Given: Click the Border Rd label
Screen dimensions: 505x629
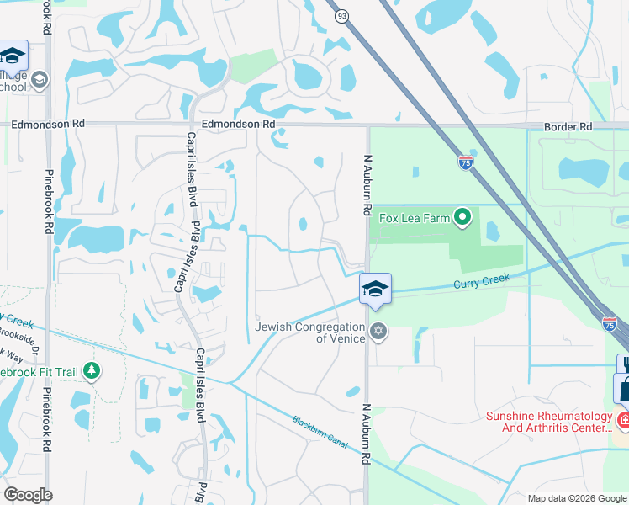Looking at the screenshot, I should pyautogui.click(x=568, y=126).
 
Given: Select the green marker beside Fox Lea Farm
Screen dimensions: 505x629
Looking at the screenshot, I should pyautogui.click(x=462, y=219).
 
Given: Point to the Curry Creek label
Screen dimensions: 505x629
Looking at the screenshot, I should pyautogui.click(x=482, y=282).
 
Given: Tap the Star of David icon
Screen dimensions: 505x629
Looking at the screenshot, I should pyautogui.click(x=378, y=331).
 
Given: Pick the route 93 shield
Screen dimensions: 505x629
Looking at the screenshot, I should pyautogui.click(x=341, y=17).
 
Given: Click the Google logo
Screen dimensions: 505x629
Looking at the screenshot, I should pyautogui.click(x=28, y=494).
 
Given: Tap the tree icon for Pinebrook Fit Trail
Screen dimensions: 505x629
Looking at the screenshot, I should pyautogui.click(x=91, y=370).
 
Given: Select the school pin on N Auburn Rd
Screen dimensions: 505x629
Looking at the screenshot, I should pyautogui.click(x=375, y=289).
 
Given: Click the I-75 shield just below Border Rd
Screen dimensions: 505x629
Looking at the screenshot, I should pyautogui.click(x=466, y=163).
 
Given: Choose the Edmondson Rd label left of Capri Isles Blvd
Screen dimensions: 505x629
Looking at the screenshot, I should pyautogui.click(x=48, y=123).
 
